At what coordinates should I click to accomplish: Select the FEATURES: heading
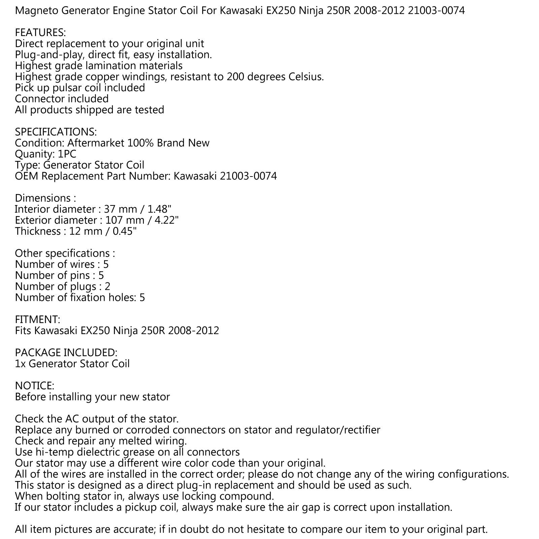(40, 33)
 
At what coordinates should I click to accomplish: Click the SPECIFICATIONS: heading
(56, 132)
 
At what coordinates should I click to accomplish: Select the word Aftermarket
(96, 143)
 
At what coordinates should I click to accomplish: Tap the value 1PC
(67, 154)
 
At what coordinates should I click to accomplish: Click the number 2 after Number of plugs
(107, 287)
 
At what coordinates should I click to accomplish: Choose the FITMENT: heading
(37, 319)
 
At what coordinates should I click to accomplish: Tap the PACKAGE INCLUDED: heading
(66, 353)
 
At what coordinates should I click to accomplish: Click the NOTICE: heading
(34, 386)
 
